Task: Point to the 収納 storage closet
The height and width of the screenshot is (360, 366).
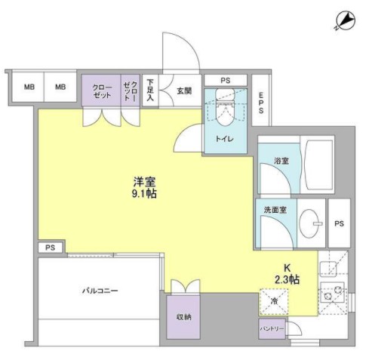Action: pos(183,317)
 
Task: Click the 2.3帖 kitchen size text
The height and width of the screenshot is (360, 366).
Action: pos(287,280)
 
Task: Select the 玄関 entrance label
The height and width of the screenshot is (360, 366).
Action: pos(184,90)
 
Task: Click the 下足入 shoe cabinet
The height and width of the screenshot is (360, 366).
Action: pos(150,90)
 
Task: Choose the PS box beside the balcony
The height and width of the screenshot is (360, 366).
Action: pos(50,247)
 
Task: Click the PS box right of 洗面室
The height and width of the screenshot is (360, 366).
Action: pos(340,223)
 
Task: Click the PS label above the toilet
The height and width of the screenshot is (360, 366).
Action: pos(226,79)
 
